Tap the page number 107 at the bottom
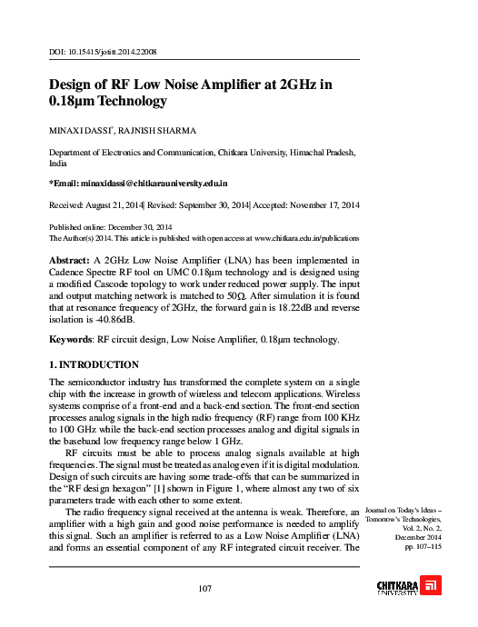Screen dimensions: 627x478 click(x=205, y=590)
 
